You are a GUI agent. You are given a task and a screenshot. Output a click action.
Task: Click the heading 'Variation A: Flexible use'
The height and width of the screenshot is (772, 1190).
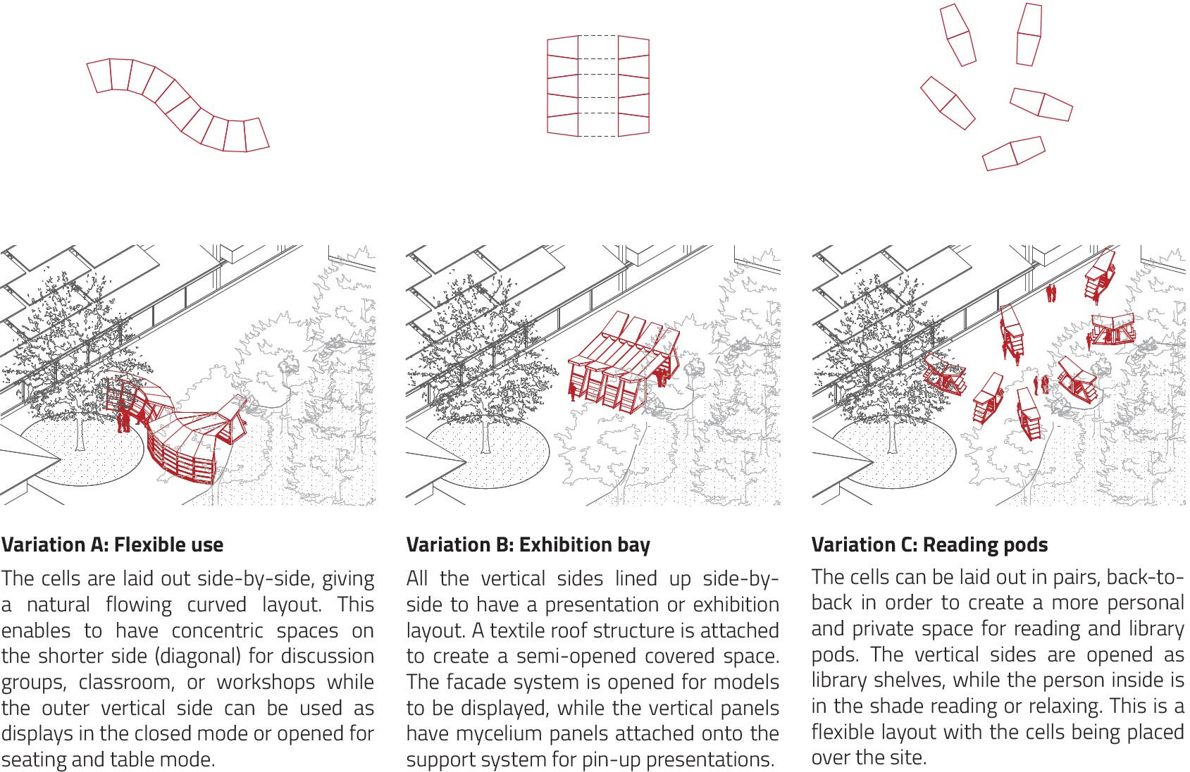[112, 544]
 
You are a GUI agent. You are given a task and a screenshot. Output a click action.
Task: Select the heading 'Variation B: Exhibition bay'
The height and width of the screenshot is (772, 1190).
[528, 545]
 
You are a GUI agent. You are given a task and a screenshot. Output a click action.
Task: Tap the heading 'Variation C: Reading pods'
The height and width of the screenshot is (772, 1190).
[930, 544]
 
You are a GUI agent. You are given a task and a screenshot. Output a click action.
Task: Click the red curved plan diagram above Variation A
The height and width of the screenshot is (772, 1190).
[178, 105]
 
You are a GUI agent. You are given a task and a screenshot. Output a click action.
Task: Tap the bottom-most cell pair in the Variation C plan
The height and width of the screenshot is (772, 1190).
[1014, 154]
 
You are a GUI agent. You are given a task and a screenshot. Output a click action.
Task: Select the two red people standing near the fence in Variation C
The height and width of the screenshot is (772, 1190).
[1051, 293]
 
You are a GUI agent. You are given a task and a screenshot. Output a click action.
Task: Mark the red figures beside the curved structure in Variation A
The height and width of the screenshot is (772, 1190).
[124, 416]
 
